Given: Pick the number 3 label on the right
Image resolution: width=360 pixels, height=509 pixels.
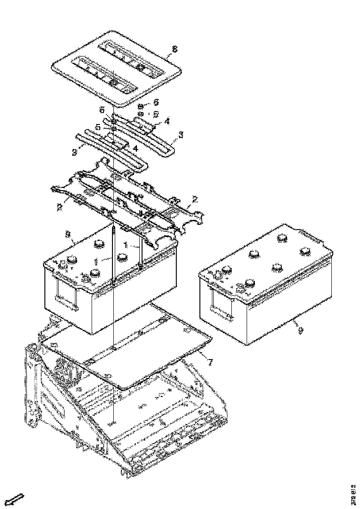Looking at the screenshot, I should pyautogui.click(x=181, y=135).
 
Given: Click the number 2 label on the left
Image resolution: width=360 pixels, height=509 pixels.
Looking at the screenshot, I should pyautogui.click(x=60, y=207).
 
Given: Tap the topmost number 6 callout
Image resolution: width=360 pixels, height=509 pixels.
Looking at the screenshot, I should pyautogui.click(x=156, y=101).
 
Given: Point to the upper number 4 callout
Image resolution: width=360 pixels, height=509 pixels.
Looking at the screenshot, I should pyautogui.click(x=166, y=121).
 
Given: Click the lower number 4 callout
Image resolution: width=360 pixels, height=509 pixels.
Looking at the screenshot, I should pyautogui.click(x=136, y=148).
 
